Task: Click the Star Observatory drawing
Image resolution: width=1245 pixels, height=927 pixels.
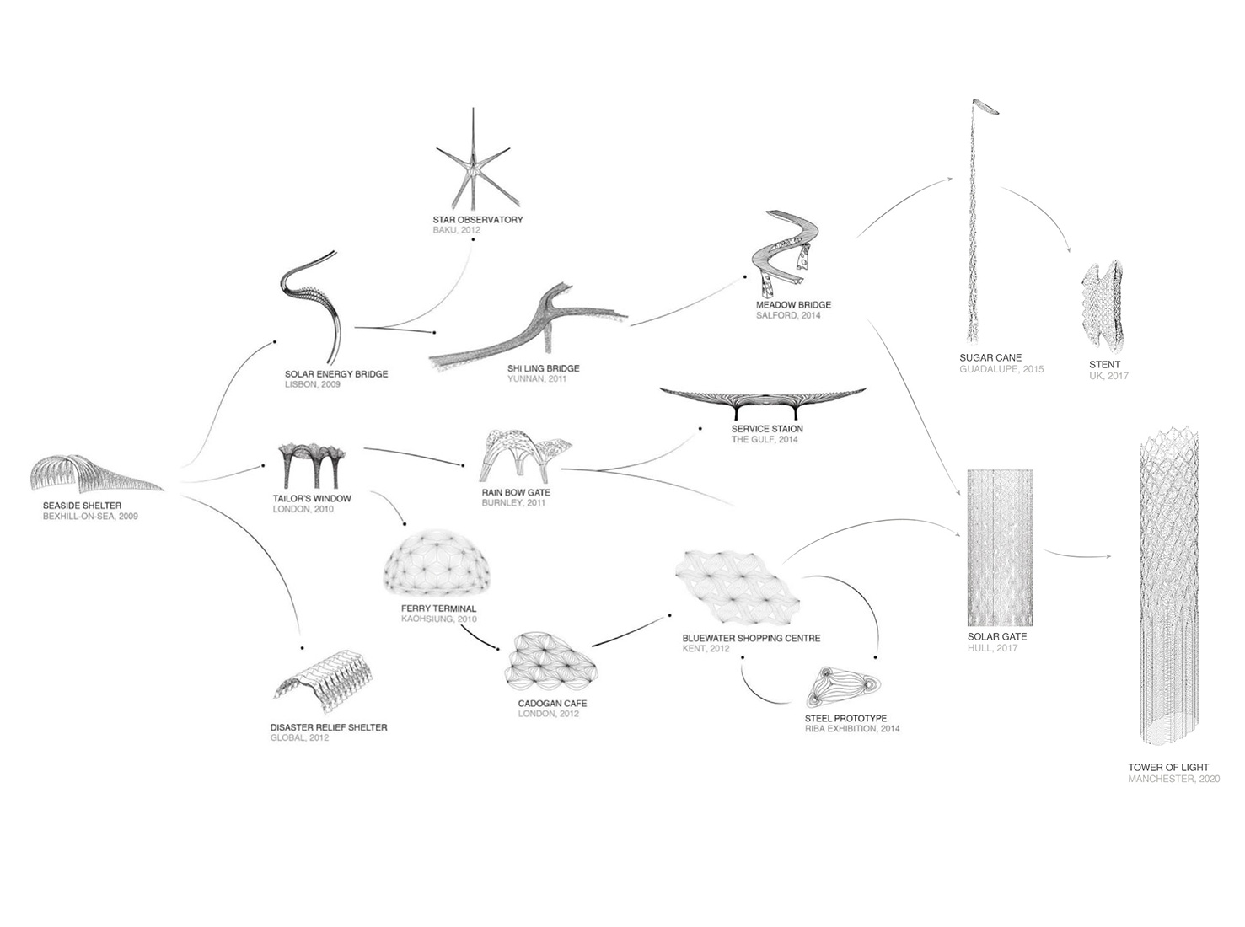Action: (473, 163)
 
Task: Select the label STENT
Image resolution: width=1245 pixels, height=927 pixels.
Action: (1105, 365)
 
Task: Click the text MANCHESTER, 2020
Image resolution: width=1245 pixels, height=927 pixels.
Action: (1173, 779)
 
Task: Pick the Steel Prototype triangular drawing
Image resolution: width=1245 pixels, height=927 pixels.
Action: (843, 687)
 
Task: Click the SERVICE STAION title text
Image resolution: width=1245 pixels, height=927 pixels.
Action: (767, 429)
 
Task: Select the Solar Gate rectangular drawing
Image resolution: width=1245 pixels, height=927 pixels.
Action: (1000, 548)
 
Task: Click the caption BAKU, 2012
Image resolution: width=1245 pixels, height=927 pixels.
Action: (456, 230)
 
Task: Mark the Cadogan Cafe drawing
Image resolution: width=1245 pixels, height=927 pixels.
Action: (550, 662)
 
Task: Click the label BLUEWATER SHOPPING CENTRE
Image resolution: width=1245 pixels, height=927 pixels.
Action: (751, 638)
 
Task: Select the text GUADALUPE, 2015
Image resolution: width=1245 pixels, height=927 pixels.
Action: (1001, 368)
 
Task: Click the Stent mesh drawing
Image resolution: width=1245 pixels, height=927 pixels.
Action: (1102, 306)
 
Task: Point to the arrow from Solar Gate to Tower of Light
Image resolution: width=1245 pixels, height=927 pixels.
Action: (1076, 555)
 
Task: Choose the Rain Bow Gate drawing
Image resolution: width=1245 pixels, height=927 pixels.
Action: (525, 456)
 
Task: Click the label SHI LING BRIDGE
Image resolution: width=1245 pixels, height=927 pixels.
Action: (544, 368)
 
